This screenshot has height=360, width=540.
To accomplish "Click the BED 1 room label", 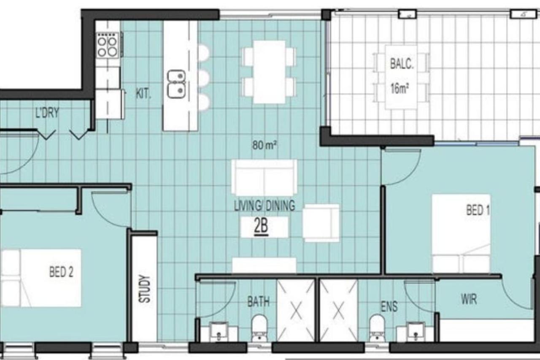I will [478, 210].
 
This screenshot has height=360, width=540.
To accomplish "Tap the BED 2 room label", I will [61, 272].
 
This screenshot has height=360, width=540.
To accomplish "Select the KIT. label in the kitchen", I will [143, 94].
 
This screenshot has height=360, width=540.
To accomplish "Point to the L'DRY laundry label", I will [47, 113].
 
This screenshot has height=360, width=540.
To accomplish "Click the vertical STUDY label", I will [145, 289].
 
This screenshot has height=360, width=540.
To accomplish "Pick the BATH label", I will [258, 302].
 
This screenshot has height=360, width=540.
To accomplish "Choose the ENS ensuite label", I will [389, 306].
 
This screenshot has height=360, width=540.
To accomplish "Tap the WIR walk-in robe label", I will [469, 300].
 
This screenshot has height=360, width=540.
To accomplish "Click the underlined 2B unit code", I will [261, 227].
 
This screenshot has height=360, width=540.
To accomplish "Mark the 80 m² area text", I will [265, 146].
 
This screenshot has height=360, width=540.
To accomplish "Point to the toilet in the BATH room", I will [259, 327].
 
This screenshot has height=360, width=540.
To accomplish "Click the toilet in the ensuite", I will [377, 327].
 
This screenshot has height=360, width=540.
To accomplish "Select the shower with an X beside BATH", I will [296, 310].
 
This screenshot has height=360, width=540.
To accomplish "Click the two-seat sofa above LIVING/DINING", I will [264, 177].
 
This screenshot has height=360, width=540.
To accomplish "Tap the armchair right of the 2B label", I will [321, 223].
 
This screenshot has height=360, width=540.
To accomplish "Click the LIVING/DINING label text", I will [264, 206].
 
